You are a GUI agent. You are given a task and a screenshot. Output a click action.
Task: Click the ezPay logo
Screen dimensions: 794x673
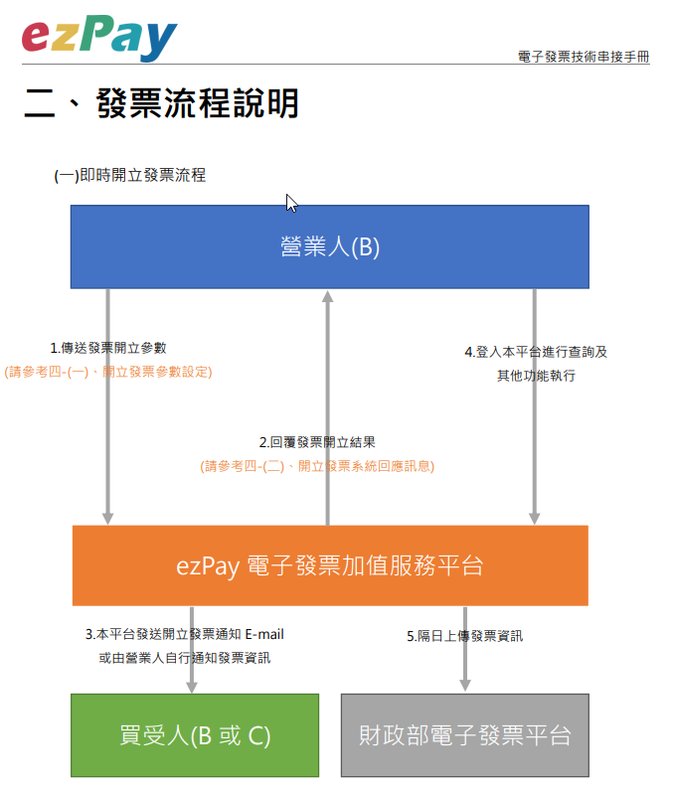pyautogui.click(x=98, y=37)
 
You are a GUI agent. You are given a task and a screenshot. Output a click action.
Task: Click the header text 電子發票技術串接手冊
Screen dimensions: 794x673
pyautogui.click(x=584, y=57)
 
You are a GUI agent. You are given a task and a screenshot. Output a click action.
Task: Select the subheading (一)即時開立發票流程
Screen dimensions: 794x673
pyautogui.click(x=130, y=176)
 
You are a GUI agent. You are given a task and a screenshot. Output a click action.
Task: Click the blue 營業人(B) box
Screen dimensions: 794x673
pyautogui.click(x=329, y=247)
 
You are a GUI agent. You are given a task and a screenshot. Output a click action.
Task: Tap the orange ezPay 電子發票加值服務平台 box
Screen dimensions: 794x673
pyautogui.click(x=329, y=565)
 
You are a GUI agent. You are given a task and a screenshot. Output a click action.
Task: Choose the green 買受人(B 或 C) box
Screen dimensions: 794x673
pyautogui.click(x=195, y=735)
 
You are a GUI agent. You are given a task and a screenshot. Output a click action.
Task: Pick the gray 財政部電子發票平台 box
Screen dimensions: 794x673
pyautogui.click(x=464, y=735)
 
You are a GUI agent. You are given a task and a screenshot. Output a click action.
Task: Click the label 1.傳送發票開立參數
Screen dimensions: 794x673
pyautogui.click(x=108, y=348)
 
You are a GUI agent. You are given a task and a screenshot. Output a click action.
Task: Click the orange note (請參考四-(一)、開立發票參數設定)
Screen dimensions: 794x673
pyautogui.click(x=108, y=372)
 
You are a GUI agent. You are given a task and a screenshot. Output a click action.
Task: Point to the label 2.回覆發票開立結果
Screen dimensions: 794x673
pyautogui.click(x=317, y=442)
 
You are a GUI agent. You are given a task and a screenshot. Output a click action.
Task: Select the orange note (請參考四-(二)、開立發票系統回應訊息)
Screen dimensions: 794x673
pyautogui.click(x=317, y=465)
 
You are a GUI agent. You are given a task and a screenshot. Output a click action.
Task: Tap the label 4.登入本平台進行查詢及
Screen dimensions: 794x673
pyautogui.click(x=536, y=352)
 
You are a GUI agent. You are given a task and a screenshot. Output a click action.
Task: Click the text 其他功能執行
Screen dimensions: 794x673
pyautogui.click(x=536, y=376)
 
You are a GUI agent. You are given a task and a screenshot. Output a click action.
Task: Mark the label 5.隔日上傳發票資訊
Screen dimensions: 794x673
pyautogui.click(x=464, y=636)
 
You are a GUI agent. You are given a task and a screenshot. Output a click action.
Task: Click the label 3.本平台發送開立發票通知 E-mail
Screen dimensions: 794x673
pyautogui.click(x=185, y=634)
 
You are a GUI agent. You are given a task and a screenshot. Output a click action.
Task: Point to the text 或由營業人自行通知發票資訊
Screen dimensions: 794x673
pyautogui.click(x=185, y=657)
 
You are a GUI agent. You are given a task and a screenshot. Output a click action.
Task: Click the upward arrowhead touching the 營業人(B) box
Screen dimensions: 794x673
pyautogui.click(x=327, y=296)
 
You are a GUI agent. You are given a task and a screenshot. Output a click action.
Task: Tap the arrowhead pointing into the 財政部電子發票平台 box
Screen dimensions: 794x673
pyautogui.click(x=464, y=685)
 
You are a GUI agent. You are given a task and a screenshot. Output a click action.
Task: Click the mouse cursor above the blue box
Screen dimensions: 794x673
pyautogui.click(x=290, y=202)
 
